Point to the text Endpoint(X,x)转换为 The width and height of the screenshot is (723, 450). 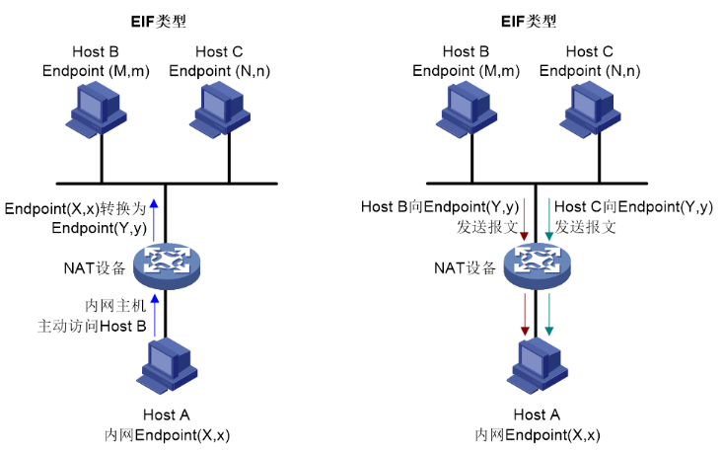pyautogui.click(x=75, y=209)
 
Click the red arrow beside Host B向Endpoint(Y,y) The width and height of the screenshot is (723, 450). pyautogui.click(x=525, y=218)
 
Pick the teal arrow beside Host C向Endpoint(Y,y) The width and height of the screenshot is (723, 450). pyautogui.click(x=548, y=218)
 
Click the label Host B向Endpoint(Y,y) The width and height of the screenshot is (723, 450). pyautogui.click(x=439, y=207)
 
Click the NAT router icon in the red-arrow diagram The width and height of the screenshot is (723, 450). pyautogui.click(x=538, y=262)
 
